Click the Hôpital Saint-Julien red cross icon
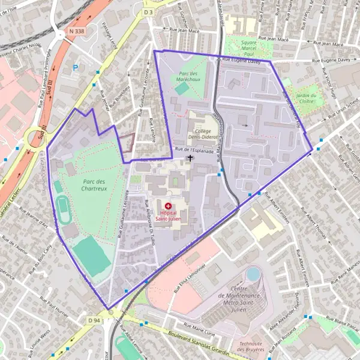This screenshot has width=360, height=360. coord(167,206)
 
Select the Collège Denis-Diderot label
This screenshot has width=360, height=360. coord(201,133)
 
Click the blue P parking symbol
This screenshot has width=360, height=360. coord(75,68)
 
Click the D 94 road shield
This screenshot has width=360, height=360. coord(94,320)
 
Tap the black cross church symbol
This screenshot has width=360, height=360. coord(191,158)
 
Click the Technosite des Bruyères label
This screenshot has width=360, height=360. coord(251,347)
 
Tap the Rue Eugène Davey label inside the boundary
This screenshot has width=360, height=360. coord(242,59)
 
